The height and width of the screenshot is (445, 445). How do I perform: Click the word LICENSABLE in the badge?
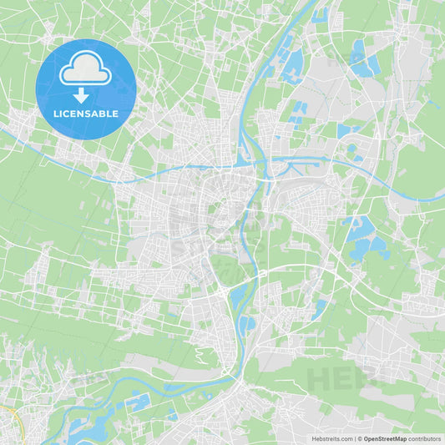coord(86,113)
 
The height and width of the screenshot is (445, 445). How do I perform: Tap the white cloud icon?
coord(86,70)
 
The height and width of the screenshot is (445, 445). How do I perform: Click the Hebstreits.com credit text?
coord(331,438)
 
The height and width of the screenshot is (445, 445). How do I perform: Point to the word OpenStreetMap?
coord(386,438)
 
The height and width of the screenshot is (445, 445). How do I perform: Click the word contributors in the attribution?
coord(425,438)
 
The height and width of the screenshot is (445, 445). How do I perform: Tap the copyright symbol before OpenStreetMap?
coord(359,438)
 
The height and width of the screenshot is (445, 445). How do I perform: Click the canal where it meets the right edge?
coord(441,198)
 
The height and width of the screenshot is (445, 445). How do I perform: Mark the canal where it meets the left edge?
coord(3,129)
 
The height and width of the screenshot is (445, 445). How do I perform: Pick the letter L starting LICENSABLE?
coord(56,113)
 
